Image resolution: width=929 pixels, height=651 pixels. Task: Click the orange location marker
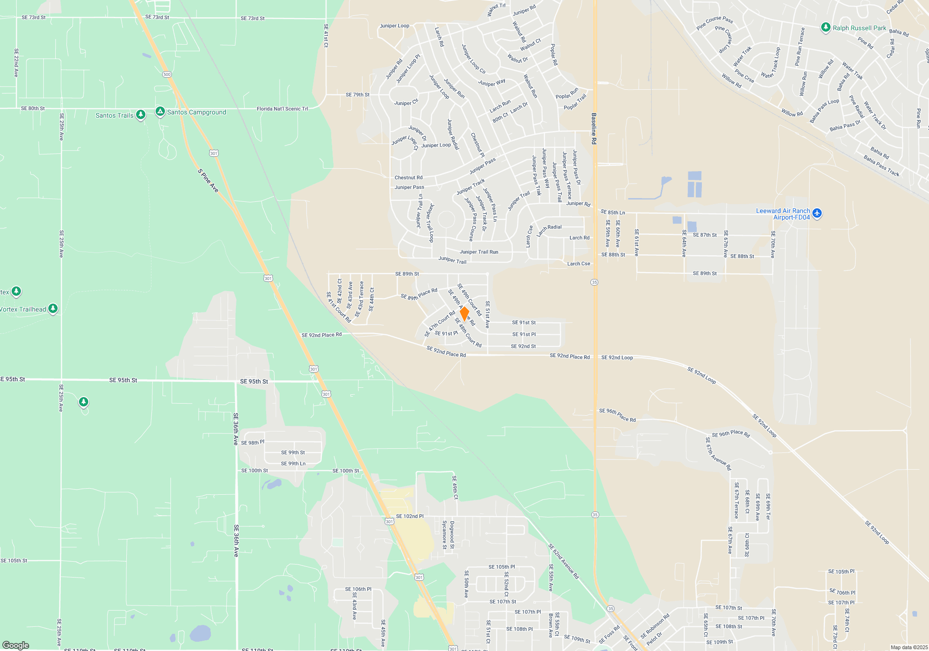click(464, 313)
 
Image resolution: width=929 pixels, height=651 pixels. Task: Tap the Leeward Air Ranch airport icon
click(817, 213)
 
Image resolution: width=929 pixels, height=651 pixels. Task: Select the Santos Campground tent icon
click(160, 112)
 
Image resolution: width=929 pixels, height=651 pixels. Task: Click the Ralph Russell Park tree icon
click(825, 27)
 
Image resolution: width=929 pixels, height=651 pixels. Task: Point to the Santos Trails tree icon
click(141, 114)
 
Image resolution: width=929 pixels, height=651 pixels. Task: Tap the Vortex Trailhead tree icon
click(53, 308)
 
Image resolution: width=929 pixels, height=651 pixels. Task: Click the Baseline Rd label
click(594, 128)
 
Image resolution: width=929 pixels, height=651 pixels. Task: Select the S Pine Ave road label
click(208, 180)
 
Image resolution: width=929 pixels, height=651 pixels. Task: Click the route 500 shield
click(167, 74)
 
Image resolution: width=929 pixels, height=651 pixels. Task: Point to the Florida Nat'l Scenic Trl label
click(282, 109)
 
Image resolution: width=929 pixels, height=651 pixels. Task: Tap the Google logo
click(15, 645)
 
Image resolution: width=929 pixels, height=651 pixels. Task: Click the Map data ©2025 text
click(909, 647)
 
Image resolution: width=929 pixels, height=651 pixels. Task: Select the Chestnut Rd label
click(408, 178)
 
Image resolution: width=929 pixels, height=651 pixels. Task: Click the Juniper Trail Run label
click(479, 252)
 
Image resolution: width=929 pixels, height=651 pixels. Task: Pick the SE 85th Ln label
click(613, 213)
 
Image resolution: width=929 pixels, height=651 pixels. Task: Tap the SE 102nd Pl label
click(410, 516)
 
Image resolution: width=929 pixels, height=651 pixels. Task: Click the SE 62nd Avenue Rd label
click(563, 561)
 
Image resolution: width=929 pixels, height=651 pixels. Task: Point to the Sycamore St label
click(445, 535)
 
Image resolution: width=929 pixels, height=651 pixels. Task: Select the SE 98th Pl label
click(253, 443)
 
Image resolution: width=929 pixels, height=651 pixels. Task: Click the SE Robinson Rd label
click(655, 626)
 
